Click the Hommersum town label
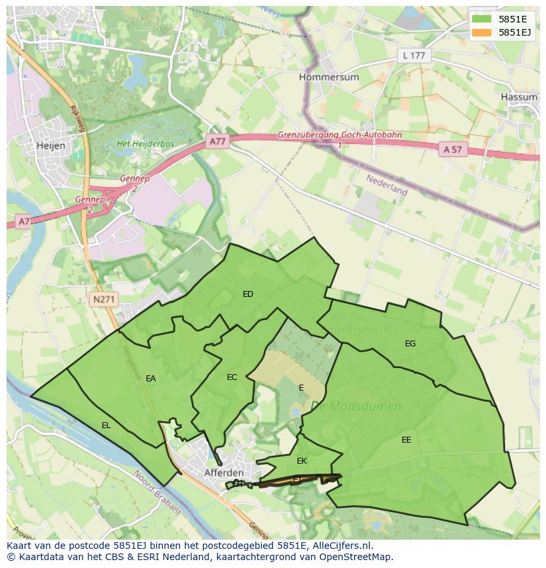pyautogui.click(x=328, y=77)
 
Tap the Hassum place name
pyautogui.click(x=519, y=96)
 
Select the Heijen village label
pyautogui.click(x=51, y=146)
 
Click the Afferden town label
pyautogui.click(x=224, y=473)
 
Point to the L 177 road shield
pyautogui.click(x=414, y=55)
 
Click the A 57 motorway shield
pyautogui.click(x=452, y=150)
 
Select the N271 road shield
pyautogui.click(x=104, y=300)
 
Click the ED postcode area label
pyautogui.click(x=248, y=294)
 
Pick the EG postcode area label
pyautogui.click(x=410, y=343)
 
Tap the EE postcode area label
pyautogui.click(x=406, y=439)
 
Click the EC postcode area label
pyautogui.click(x=231, y=377)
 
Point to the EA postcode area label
pyautogui.click(x=151, y=379)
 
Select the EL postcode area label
pyautogui.click(x=106, y=426)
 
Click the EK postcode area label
pyautogui.click(x=301, y=461)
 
